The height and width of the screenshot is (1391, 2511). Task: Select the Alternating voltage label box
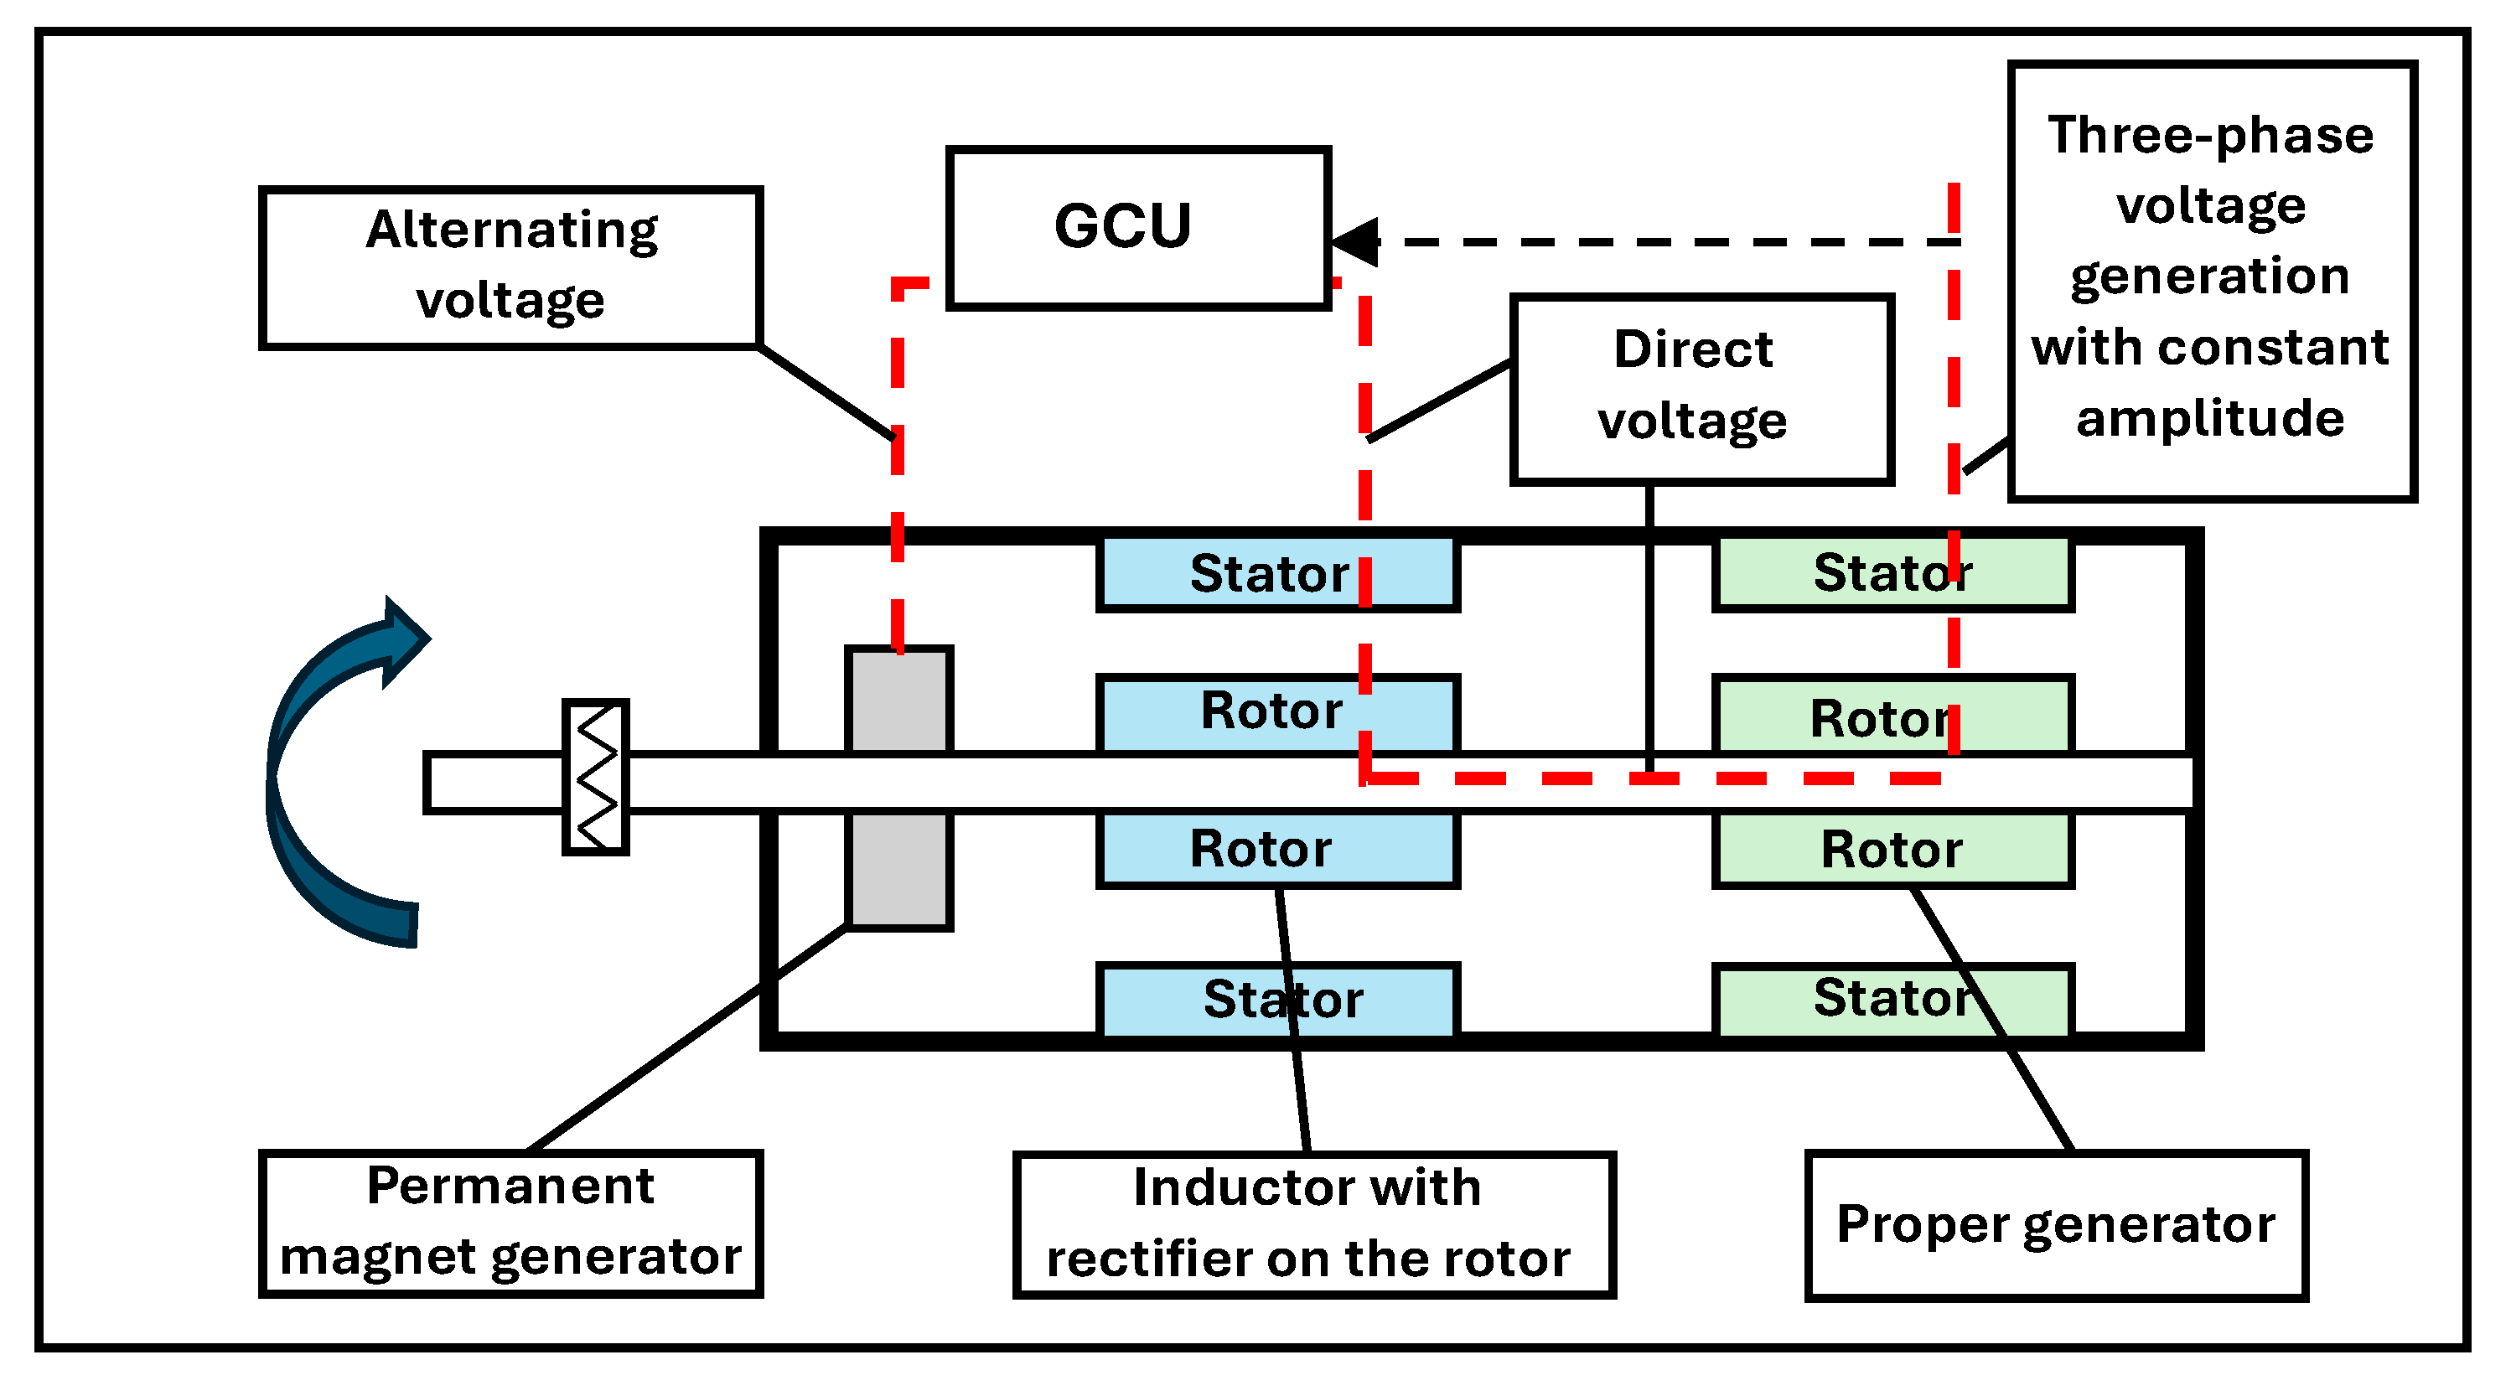point(510,267)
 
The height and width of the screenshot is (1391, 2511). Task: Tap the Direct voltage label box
point(1701,389)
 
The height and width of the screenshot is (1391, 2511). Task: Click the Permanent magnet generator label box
point(510,1223)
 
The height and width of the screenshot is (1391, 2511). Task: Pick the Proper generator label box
point(2056,1225)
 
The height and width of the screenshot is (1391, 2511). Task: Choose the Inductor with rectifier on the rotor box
point(1313,1225)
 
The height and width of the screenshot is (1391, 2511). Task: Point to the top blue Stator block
point(1277,574)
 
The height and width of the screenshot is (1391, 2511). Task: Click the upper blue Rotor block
point(1277,712)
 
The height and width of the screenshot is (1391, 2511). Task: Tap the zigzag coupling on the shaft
point(596,777)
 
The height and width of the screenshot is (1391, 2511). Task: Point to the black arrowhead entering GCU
point(1357,241)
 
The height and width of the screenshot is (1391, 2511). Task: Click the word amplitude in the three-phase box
point(2210,419)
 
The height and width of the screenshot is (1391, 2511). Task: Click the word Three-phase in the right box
point(2210,136)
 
